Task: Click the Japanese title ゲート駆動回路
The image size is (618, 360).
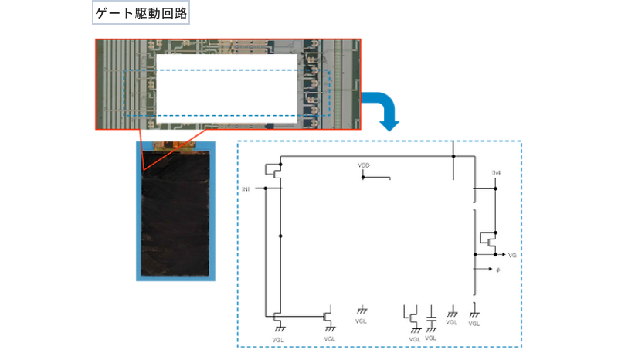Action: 141,13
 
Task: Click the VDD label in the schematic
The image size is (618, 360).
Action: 364,166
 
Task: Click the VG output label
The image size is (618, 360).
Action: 513,254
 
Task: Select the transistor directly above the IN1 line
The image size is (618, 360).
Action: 273,172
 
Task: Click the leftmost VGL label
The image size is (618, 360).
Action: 278,338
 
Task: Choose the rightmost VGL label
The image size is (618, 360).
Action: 474,323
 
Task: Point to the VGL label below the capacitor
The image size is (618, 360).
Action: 431,338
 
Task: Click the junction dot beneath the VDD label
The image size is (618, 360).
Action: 363,178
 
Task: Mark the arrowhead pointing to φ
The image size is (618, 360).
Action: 489,269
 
